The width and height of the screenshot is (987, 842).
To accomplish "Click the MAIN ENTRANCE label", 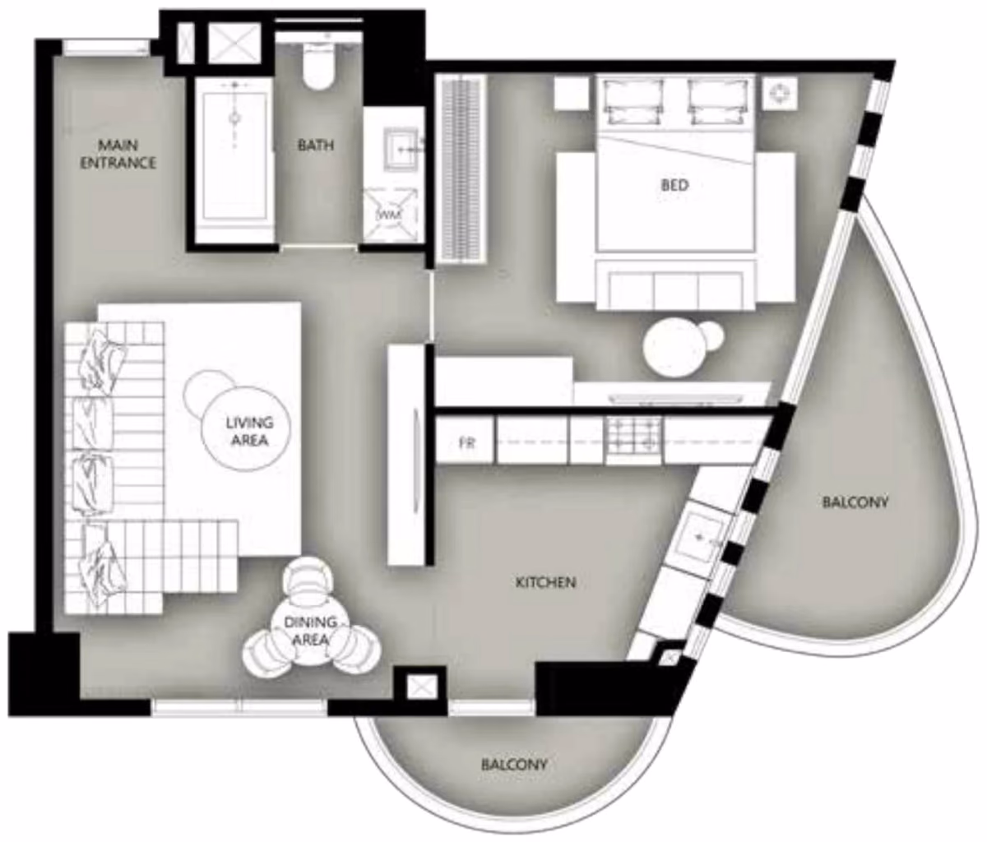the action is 118,154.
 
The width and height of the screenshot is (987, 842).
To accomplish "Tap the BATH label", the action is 316,145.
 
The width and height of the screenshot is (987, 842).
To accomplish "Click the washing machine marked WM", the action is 390,215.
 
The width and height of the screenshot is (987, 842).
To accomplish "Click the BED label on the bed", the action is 674,185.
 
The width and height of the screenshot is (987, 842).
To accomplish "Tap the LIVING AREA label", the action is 249,431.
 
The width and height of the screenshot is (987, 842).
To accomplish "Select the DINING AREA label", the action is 310,631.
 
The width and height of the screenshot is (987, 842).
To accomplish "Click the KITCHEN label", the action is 546,582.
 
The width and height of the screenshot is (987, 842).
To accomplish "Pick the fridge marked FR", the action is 466,440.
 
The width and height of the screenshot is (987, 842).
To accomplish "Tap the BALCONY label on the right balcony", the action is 855,502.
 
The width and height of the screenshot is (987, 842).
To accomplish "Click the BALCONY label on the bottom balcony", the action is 514,765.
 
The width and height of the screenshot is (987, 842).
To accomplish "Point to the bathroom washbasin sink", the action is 402,149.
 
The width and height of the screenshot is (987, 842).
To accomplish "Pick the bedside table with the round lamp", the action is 779,93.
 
